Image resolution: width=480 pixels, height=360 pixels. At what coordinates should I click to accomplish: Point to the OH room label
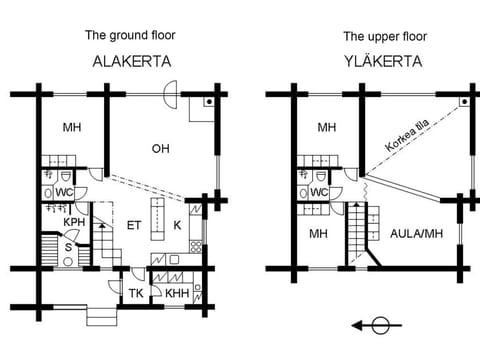point(160,149)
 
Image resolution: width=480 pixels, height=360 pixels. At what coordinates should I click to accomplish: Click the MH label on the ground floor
point(72,127)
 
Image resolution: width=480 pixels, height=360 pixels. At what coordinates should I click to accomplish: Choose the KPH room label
point(73,222)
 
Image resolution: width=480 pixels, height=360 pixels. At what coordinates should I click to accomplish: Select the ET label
point(133,225)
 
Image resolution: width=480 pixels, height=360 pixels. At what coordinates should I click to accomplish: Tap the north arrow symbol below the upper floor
point(380,324)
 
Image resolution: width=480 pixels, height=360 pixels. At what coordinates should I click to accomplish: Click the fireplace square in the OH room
point(208,103)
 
